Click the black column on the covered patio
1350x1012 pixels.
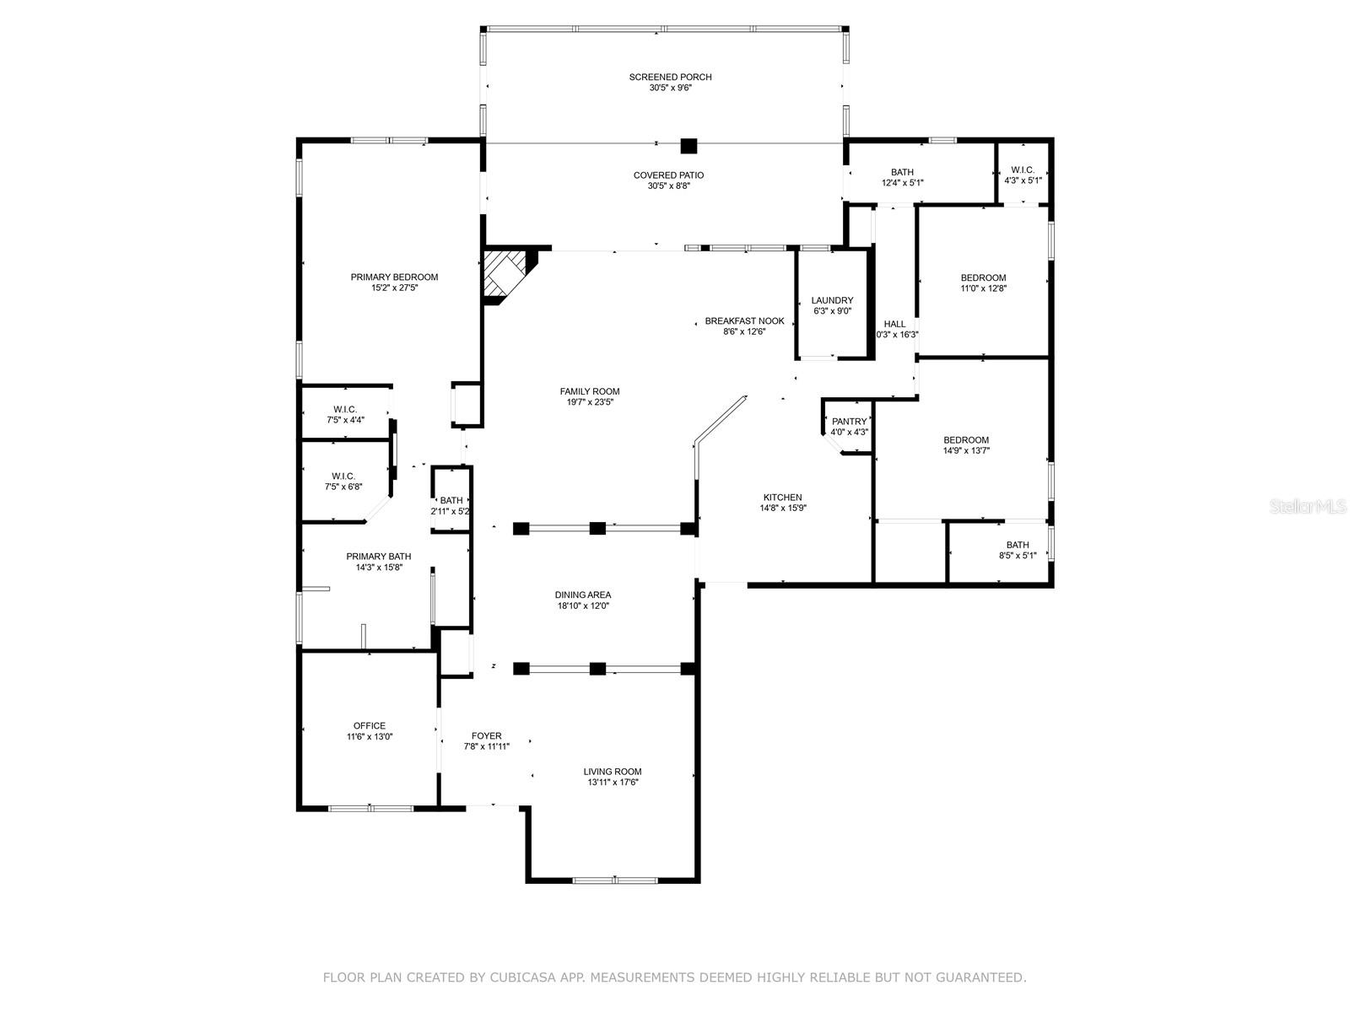pyautogui.click(x=689, y=146)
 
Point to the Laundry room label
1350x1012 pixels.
pyautogui.click(x=832, y=300)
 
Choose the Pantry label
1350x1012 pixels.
pyautogui.click(x=849, y=421)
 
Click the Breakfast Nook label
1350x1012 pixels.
pyautogui.click(x=744, y=320)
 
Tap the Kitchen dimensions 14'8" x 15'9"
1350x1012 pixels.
pyautogui.click(x=782, y=509)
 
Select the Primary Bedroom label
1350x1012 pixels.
pyautogui.click(x=394, y=277)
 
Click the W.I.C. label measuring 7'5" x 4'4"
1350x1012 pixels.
pyautogui.click(x=344, y=409)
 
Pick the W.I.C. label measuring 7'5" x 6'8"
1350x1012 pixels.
pyautogui.click(x=343, y=476)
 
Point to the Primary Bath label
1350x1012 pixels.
pyautogui.click(x=379, y=557)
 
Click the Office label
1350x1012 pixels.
pyautogui.click(x=370, y=725)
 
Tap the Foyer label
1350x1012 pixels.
pyautogui.click(x=486, y=735)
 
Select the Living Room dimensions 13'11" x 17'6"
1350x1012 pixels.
pyautogui.click(x=613, y=783)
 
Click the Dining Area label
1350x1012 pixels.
pyautogui.click(x=583, y=595)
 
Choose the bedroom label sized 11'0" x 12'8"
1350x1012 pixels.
pyautogui.click(x=983, y=277)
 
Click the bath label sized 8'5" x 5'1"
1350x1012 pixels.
pyautogui.click(x=1017, y=545)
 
